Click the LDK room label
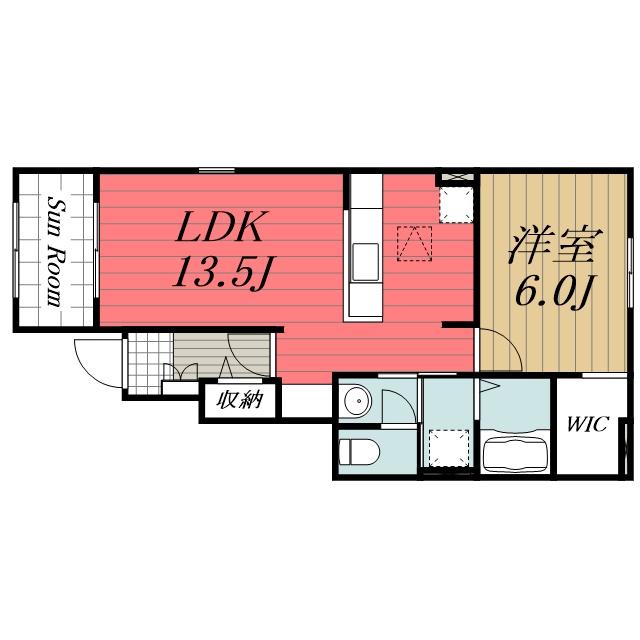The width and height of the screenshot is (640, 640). [x=219, y=226]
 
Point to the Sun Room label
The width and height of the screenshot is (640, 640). [x=56, y=251]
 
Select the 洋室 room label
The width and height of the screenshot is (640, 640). [x=556, y=244]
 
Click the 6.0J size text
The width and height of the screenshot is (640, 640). [x=554, y=291]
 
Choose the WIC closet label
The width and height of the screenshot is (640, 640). [x=588, y=424]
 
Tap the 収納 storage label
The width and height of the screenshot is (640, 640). [x=240, y=400]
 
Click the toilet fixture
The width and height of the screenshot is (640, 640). [x=359, y=452]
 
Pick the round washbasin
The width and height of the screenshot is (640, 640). [x=358, y=401]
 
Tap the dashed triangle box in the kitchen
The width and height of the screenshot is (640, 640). [x=414, y=244]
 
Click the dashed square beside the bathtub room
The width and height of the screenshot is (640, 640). [x=449, y=448]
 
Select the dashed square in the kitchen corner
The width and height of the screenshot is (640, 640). [x=456, y=205]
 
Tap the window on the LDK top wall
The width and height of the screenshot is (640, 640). [x=217, y=170]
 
